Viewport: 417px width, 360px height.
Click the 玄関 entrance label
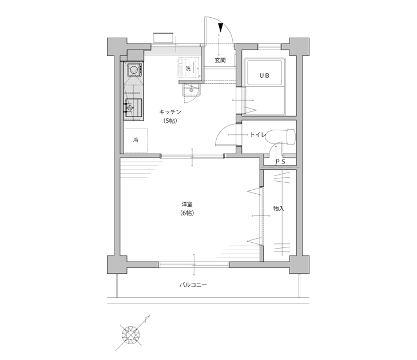(x=220, y=61)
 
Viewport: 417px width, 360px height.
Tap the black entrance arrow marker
(x=220, y=27)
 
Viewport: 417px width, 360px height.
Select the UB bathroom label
(x=264, y=76)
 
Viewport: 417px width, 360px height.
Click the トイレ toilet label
(x=258, y=135)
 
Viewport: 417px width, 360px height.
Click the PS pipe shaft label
(x=280, y=161)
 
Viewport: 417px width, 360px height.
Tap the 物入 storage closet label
(x=279, y=209)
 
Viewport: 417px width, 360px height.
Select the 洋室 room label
(x=187, y=205)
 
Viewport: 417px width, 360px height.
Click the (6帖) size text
(x=186, y=213)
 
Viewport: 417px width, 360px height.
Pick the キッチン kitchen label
(x=170, y=112)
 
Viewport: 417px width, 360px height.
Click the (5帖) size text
(x=170, y=121)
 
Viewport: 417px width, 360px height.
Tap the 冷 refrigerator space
(x=136, y=140)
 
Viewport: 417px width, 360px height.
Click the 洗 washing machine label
(x=188, y=69)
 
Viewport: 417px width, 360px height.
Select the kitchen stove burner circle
(x=133, y=70)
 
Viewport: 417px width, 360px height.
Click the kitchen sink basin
(x=133, y=108)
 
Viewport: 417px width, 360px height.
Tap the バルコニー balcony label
(x=193, y=285)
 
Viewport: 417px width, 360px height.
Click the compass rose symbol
(x=130, y=334)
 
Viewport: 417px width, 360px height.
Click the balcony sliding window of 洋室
(x=194, y=265)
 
